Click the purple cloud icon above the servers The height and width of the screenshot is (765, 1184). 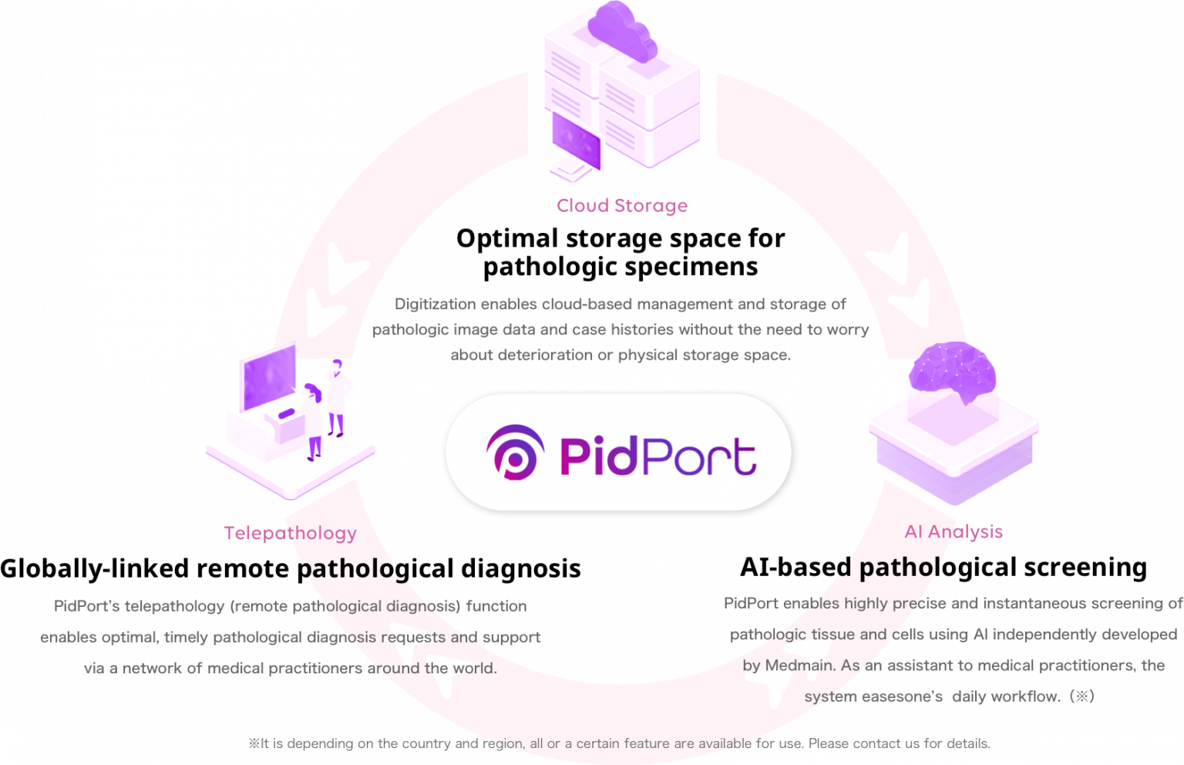point(622,31)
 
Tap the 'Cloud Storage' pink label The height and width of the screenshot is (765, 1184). point(622,205)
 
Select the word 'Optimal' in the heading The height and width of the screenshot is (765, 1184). point(507,238)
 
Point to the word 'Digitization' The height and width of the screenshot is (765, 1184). point(436,304)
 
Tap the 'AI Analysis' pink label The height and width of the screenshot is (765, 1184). point(954,531)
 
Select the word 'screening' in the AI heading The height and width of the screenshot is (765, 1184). point(1085,568)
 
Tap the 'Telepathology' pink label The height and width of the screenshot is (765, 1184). point(290,533)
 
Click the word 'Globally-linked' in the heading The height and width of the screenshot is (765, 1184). point(95,568)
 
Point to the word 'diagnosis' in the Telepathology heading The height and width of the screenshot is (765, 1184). point(520,568)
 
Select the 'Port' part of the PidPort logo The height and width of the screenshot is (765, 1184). point(700,456)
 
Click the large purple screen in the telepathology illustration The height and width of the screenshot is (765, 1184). point(268,377)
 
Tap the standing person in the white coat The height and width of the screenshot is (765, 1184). point(337,398)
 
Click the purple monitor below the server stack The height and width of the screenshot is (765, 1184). point(576,140)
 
